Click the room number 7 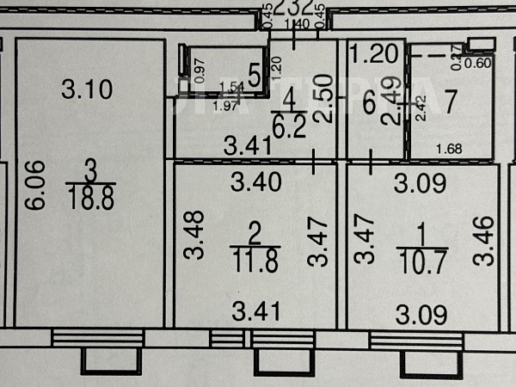click(x=450, y=101)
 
